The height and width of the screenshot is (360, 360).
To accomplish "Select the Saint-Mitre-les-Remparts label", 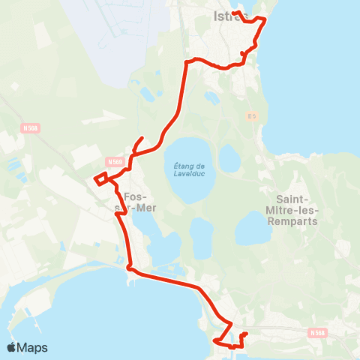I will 297,210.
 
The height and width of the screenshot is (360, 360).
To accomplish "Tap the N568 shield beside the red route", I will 114,161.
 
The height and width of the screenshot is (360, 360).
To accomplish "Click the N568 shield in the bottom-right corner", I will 318,332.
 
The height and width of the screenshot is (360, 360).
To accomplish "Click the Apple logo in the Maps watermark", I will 12,347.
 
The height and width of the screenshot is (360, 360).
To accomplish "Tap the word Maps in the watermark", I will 33,347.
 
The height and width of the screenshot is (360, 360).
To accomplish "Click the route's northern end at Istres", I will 234,13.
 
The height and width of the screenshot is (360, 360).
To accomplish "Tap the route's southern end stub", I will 246,333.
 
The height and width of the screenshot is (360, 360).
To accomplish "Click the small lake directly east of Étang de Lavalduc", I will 229,157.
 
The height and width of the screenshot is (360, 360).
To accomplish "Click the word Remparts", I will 297,221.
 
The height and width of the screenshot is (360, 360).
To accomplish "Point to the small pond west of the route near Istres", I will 146,94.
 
